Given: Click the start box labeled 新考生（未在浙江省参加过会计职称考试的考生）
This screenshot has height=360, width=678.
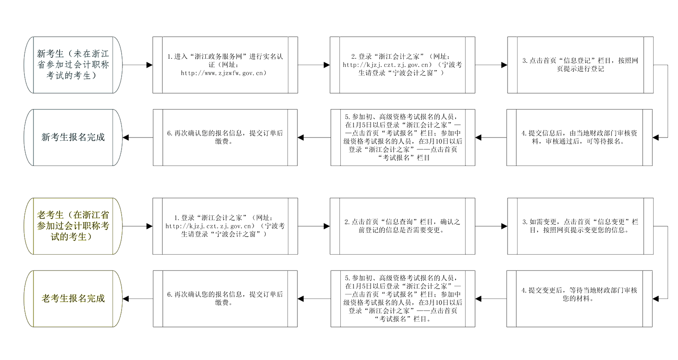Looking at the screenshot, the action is (x=73, y=65).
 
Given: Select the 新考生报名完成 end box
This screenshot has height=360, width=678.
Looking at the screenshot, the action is (x=73, y=137).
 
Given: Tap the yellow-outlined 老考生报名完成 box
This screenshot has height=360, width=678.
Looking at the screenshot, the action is (x=73, y=298).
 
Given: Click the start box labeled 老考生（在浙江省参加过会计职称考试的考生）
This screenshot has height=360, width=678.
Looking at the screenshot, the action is (x=73, y=226).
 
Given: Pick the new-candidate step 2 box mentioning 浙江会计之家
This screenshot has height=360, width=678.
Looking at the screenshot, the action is (x=403, y=65).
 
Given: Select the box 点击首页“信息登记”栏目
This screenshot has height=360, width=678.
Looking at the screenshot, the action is (x=580, y=65).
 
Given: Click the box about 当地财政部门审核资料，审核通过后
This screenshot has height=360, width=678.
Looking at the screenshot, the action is (x=579, y=137).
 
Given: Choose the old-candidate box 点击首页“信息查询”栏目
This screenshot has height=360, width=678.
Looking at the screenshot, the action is (x=403, y=226).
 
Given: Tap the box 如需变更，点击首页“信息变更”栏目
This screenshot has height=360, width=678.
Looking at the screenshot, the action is (x=580, y=226).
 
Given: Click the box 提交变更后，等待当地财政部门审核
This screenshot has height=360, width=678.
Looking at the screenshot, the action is (x=579, y=298).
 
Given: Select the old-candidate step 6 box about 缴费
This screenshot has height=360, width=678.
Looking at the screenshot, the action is (x=225, y=298).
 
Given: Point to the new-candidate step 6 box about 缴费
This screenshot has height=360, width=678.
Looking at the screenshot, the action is (x=225, y=137).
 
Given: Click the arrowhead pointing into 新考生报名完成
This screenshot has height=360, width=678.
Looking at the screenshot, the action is (x=126, y=137).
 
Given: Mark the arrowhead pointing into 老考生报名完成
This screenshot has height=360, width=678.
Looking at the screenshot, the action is (x=126, y=299).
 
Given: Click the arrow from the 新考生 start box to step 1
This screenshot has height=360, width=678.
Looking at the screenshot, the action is (x=137, y=65).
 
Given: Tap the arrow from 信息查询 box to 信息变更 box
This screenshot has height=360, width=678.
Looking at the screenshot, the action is (x=491, y=226).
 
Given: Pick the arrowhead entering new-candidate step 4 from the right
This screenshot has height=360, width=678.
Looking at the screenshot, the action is (x=655, y=137).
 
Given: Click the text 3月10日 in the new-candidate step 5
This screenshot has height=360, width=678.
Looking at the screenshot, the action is (x=430, y=141).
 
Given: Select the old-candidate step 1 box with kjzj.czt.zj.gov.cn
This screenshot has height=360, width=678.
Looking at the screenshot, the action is (x=225, y=226).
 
